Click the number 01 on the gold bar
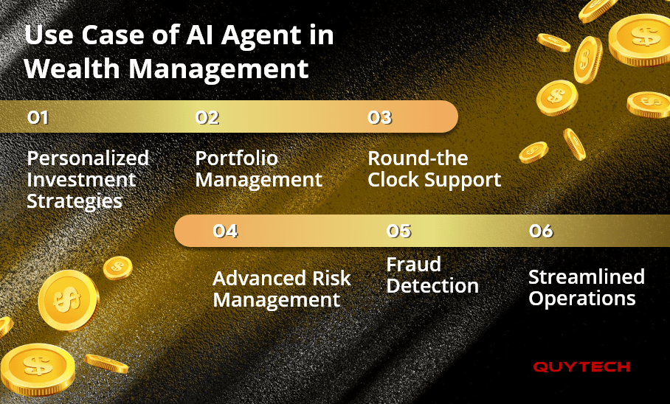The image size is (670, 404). [38, 117]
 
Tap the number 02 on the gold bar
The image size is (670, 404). [207, 117]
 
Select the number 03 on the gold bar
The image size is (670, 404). [379, 117]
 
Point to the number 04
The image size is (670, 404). [225, 231]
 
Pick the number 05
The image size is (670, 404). [398, 231]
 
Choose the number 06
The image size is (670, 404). [541, 231]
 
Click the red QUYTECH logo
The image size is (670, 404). [581, 367]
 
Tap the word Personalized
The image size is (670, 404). [88, 159]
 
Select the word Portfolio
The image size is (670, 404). [237, 159]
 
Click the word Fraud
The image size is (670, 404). [414, 265]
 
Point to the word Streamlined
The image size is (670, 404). [587, 276]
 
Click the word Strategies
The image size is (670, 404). [75, 201]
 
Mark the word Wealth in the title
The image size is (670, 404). [72, 69]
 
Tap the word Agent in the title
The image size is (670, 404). [260, 36]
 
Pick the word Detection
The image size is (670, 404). [432, 286]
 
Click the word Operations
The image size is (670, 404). [582, 299]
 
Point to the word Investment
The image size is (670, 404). [81, 180]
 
